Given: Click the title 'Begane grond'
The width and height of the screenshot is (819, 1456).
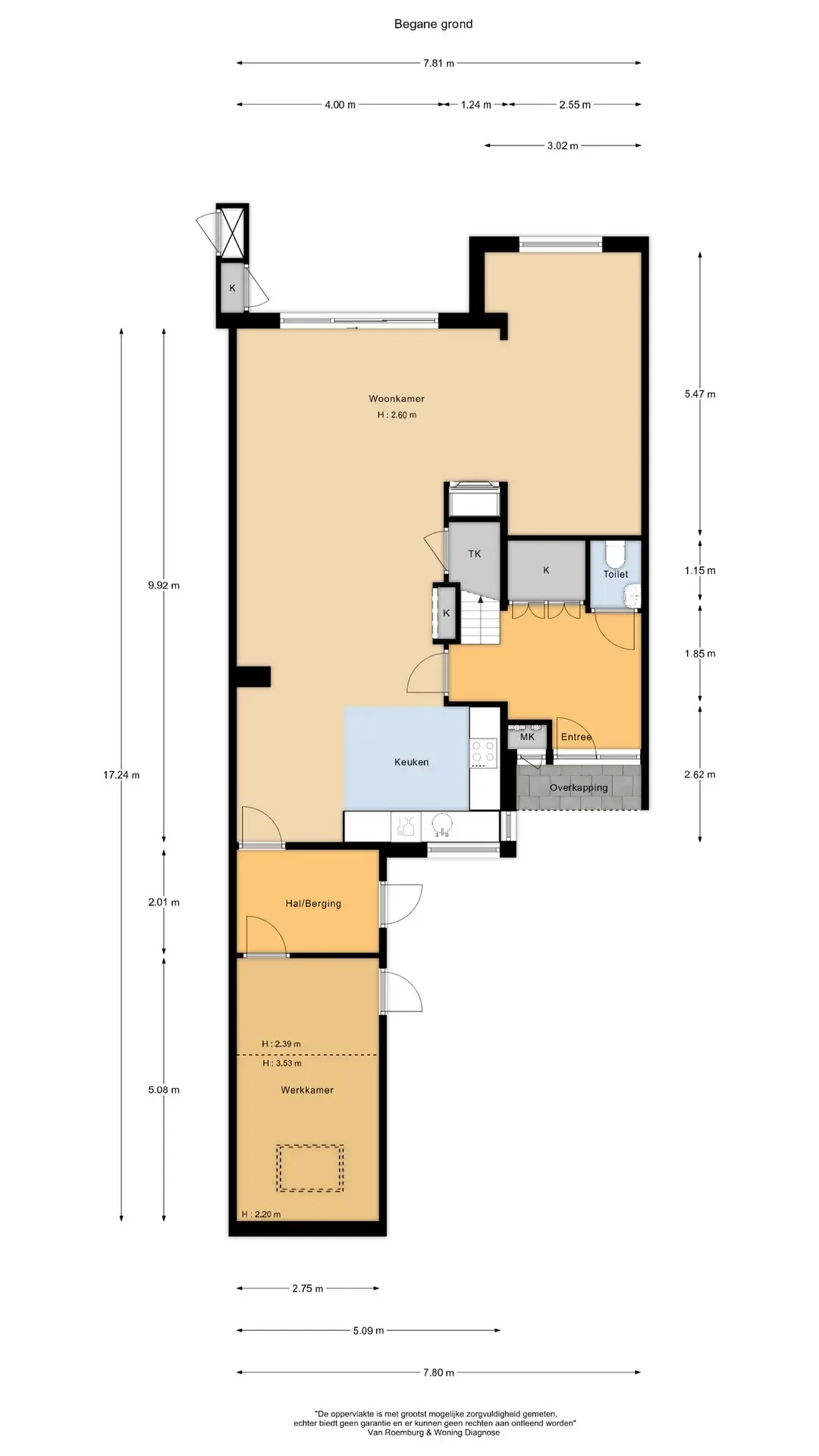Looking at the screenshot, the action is pos(433,24).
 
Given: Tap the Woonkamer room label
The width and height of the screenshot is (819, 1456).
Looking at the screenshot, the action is pos(397,399).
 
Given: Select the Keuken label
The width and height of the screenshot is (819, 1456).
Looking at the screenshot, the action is pos(411,762).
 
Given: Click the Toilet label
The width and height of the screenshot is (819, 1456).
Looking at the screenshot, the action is pos(616,574).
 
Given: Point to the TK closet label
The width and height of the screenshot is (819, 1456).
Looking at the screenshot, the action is pos(475,554).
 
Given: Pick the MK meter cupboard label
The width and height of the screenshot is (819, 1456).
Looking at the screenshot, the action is pos(527,736).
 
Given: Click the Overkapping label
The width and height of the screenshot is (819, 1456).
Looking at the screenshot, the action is pos(579,787).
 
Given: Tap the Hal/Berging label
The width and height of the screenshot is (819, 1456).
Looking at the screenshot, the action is pos(313,903).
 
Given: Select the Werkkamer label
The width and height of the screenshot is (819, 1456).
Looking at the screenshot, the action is pos(307,1090).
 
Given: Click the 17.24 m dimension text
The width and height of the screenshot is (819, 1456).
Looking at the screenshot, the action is pos(121,775).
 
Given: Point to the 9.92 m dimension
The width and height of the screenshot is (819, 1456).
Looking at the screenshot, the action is pos(164,585).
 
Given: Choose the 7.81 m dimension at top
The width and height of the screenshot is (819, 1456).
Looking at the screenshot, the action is pos(438,64).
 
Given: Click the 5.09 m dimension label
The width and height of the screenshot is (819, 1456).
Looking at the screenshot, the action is pos(369,1330).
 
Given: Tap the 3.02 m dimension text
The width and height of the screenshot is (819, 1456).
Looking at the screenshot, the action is pos(563,146).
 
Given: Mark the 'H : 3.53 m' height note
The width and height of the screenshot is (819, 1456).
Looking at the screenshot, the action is pos(281,1063).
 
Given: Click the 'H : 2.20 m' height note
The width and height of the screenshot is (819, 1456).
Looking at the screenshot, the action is pos(261,1214).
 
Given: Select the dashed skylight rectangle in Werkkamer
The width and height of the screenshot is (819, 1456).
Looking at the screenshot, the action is pos(310,1168).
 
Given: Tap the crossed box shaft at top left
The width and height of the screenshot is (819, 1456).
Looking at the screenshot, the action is pos(233,232).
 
